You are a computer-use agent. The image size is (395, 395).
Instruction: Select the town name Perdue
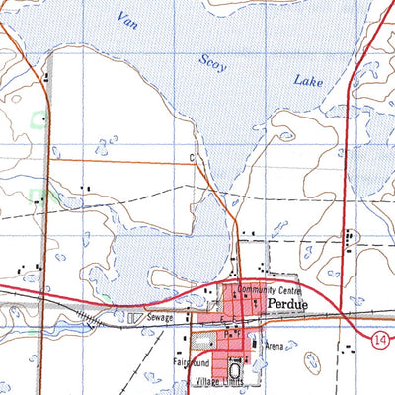287,306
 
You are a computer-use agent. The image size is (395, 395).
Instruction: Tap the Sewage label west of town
161,318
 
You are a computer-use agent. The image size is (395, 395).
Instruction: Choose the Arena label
274,347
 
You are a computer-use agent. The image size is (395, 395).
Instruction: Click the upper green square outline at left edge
38,119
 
